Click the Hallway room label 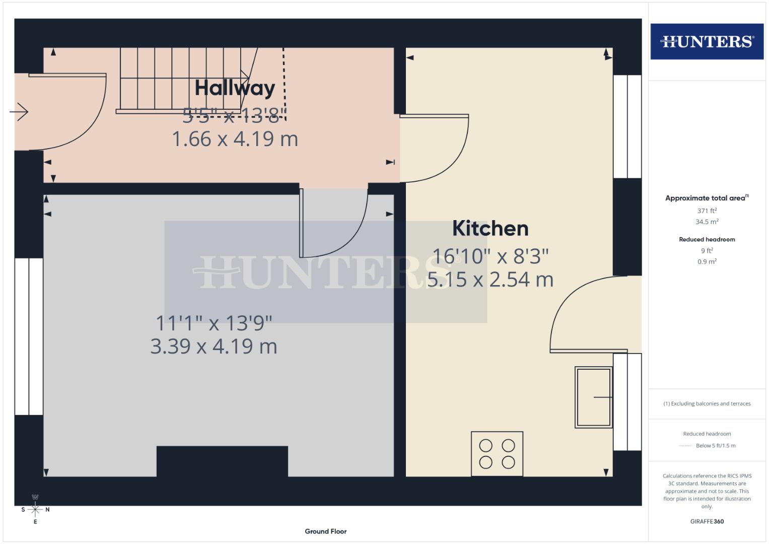click(235, 88)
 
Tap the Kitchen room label click(490, 228)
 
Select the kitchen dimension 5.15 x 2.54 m click(490, 279)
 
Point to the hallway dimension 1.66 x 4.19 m click(235, 139)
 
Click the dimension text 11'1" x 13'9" click(214, 323)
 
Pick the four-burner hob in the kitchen click(497, 453)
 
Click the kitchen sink click(594, 397)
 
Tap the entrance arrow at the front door click(19, 112)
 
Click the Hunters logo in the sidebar click(707, 41)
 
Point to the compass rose click(35, 509)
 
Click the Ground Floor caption click(325, 531)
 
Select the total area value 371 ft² click(707, 211)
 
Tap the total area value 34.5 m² click(707, 222)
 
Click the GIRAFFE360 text click(707, 521)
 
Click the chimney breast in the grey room click(222, 461)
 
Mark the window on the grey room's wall click(29, 336)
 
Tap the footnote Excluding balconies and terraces click(707, 403)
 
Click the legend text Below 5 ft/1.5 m click(715, 445)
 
